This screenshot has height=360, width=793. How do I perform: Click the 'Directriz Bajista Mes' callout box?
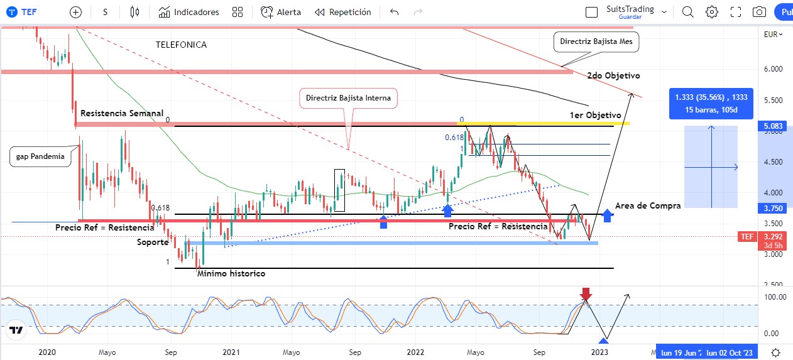(x=597, y=42)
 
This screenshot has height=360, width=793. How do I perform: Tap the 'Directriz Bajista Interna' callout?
(x=348, y=98)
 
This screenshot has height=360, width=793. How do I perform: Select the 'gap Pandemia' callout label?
(x=41, y=156)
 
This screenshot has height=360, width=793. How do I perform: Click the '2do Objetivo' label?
(x=613, y=75)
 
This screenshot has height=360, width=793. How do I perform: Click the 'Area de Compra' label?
(x=648, y=205)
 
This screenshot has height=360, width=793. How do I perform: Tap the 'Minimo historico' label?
(x=231, y=273)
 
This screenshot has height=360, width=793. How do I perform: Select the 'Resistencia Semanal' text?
(x=122, y=113)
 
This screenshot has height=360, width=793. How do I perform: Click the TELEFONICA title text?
(x=181, y=45)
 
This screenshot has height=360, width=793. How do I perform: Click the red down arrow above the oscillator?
(x=586, y=293)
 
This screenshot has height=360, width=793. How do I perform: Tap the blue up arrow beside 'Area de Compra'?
(x=607, y=215)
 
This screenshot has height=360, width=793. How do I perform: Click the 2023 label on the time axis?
(x=599, y=352)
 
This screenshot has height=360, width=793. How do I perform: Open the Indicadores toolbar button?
(x=189, y=12)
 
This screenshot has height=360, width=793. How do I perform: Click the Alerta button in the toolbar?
(x=281, y=12)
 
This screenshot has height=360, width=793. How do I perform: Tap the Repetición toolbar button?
(x=343, y=12)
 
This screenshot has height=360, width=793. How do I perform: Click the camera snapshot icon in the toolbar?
(x=759, y=12)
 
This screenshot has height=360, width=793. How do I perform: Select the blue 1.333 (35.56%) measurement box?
(x=711, y=102)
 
